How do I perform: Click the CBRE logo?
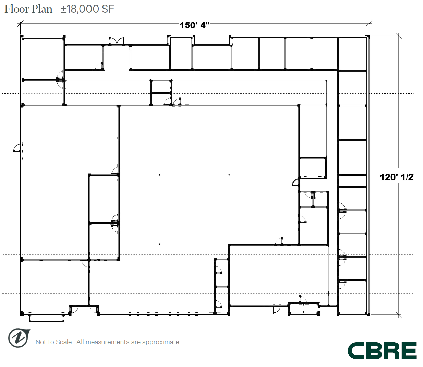(382, 351)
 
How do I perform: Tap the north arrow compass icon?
(19, 338)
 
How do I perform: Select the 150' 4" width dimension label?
(194, 25)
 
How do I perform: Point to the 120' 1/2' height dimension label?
(397, 177)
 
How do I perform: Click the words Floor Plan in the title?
(28, 9)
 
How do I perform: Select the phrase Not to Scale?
(54, 342)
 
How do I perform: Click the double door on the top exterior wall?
(117, 41)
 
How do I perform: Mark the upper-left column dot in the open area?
(159, 175)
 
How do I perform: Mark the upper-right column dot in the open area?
(229, 175)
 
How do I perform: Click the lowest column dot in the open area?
(159, 244)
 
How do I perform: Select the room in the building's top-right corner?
(352, 54)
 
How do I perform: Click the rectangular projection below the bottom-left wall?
(46, 318)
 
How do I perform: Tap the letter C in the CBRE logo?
(356, 351)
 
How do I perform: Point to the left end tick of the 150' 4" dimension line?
(21, 24)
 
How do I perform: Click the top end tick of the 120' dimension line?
(398, 36)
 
